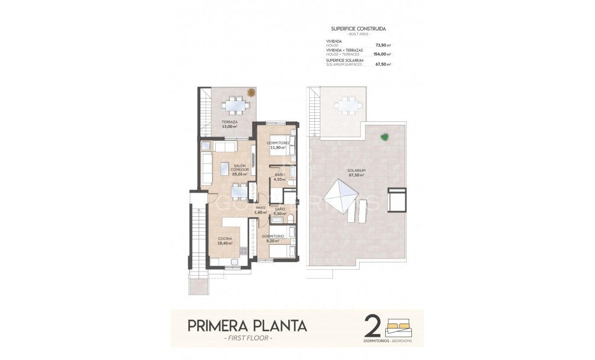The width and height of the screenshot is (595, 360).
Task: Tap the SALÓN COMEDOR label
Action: (x=240, y=170)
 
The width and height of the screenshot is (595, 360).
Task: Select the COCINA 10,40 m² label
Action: (x=225, y=241)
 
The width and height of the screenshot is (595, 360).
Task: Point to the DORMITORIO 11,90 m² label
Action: (x=278, y=145)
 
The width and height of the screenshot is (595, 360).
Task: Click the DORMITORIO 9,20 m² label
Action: (x=273, y=239)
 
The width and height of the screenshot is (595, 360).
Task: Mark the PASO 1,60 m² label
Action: (x=260, y=210)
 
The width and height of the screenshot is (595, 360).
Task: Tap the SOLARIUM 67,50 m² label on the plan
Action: (x=357, y=173)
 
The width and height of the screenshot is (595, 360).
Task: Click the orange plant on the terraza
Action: (x=252, y=93)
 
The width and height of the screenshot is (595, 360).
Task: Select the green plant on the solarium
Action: (x=385, y=137)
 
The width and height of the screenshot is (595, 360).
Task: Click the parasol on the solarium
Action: (x=341, y=197)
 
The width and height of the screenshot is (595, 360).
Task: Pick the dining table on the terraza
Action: (x=232, y=106)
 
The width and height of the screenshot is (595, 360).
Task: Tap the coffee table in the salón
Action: (x=226, y=166)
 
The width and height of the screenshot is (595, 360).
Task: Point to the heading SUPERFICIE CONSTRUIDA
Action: (x=357, y=29)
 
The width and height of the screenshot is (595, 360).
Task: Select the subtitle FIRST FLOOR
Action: (x=248, y=339)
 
